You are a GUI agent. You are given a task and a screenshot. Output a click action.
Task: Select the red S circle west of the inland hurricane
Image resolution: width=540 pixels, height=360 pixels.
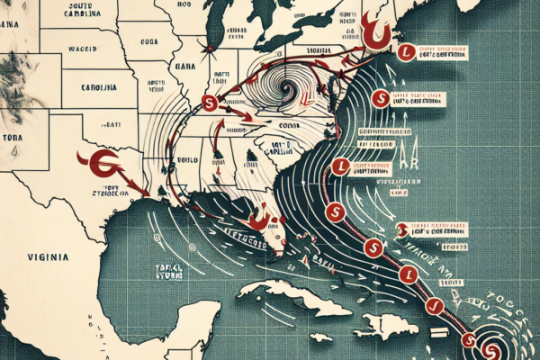[210, 103]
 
